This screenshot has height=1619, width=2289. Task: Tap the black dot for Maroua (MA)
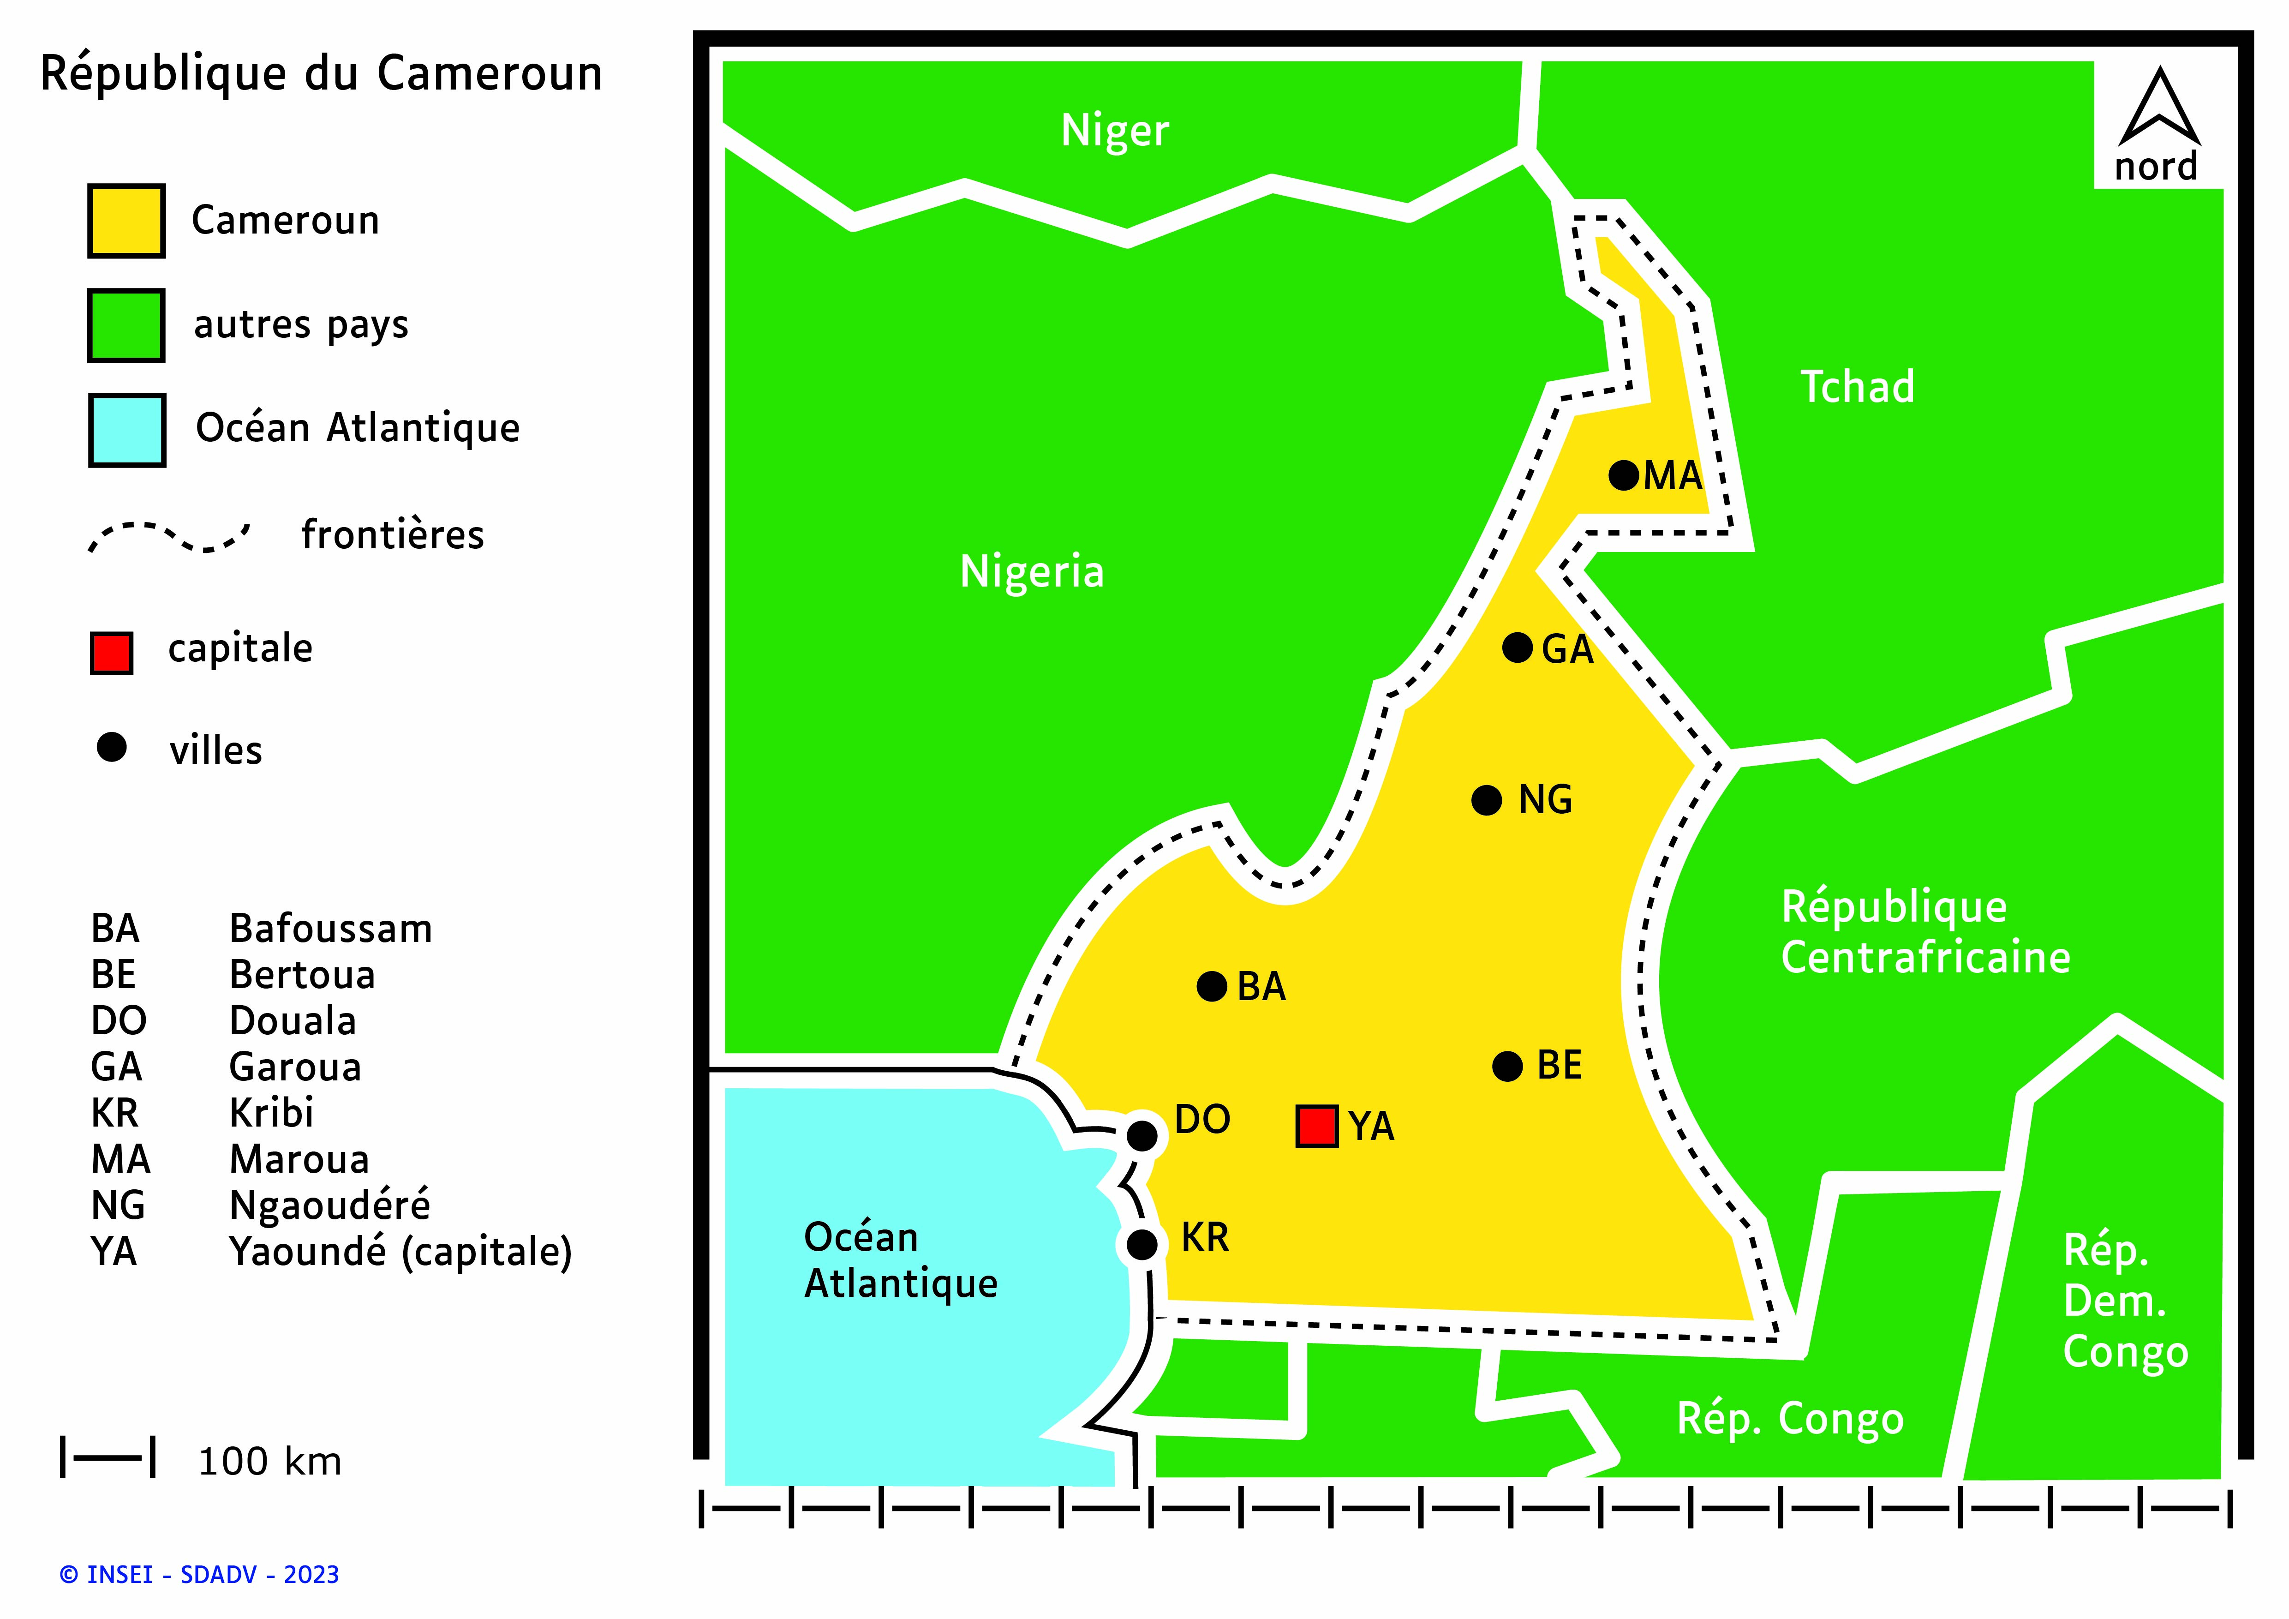point(1624,474)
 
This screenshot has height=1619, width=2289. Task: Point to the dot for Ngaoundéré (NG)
point(1487,799)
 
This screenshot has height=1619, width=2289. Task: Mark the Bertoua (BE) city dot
point(1507,1066)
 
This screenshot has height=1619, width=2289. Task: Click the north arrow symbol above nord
point(2159,108)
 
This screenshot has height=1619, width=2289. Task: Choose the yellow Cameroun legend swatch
point(126,220)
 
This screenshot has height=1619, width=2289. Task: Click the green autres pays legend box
point(126,325)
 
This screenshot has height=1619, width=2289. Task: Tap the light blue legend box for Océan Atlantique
point(126,430)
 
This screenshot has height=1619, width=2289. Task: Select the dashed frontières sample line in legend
point(169,536)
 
